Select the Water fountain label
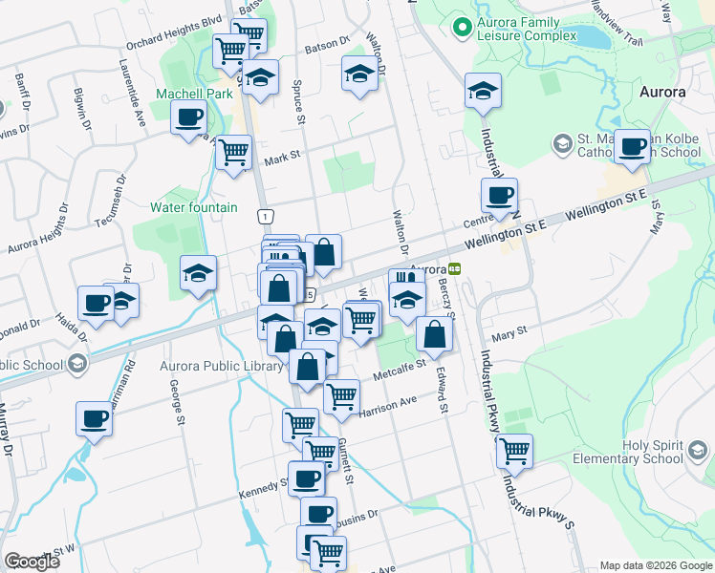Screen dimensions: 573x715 pyautogui.click(x=194, y=207)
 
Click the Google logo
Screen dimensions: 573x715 pyautogui.click(x=32, y=562)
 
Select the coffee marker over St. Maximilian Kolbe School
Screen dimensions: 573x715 pyautogui.click(x=632, y=146)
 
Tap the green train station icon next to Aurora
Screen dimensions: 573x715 pyautogui.click(x=456, y=269)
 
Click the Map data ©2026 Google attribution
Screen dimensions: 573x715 pyautogui.click(x=654, y=564)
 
